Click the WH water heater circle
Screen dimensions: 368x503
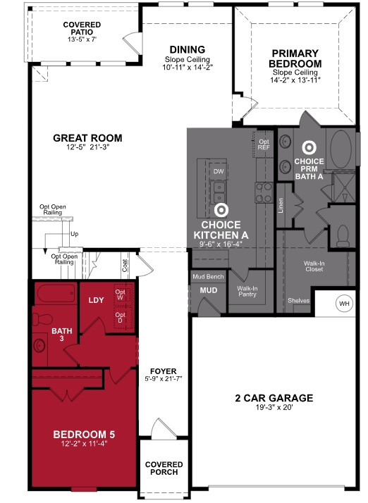point(344,304)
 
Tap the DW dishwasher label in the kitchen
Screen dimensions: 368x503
point(219,171)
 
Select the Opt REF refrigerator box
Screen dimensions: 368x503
point(264,144)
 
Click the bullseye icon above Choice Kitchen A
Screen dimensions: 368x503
point(221,210)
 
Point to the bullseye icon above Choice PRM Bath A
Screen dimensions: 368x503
point(309,147)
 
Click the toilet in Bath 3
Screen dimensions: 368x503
point(42,319)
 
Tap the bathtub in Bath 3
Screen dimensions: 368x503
point(56,294)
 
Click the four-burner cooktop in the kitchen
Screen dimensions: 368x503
point(264,192)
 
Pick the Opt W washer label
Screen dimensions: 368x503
point(120,294)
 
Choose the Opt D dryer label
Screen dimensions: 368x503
point(120,318)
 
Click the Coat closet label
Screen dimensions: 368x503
point(125,266)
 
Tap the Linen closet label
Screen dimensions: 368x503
point(281,206)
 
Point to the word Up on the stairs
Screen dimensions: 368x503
point(74,234)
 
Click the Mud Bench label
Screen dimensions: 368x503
point(208,277)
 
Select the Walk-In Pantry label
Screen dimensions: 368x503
point(247,291)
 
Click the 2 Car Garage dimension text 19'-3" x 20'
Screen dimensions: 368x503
point(274,407)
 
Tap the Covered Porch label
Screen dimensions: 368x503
point(164,468)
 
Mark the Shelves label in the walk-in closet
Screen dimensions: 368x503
point(299,301)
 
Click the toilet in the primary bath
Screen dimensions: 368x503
point(343,236)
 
